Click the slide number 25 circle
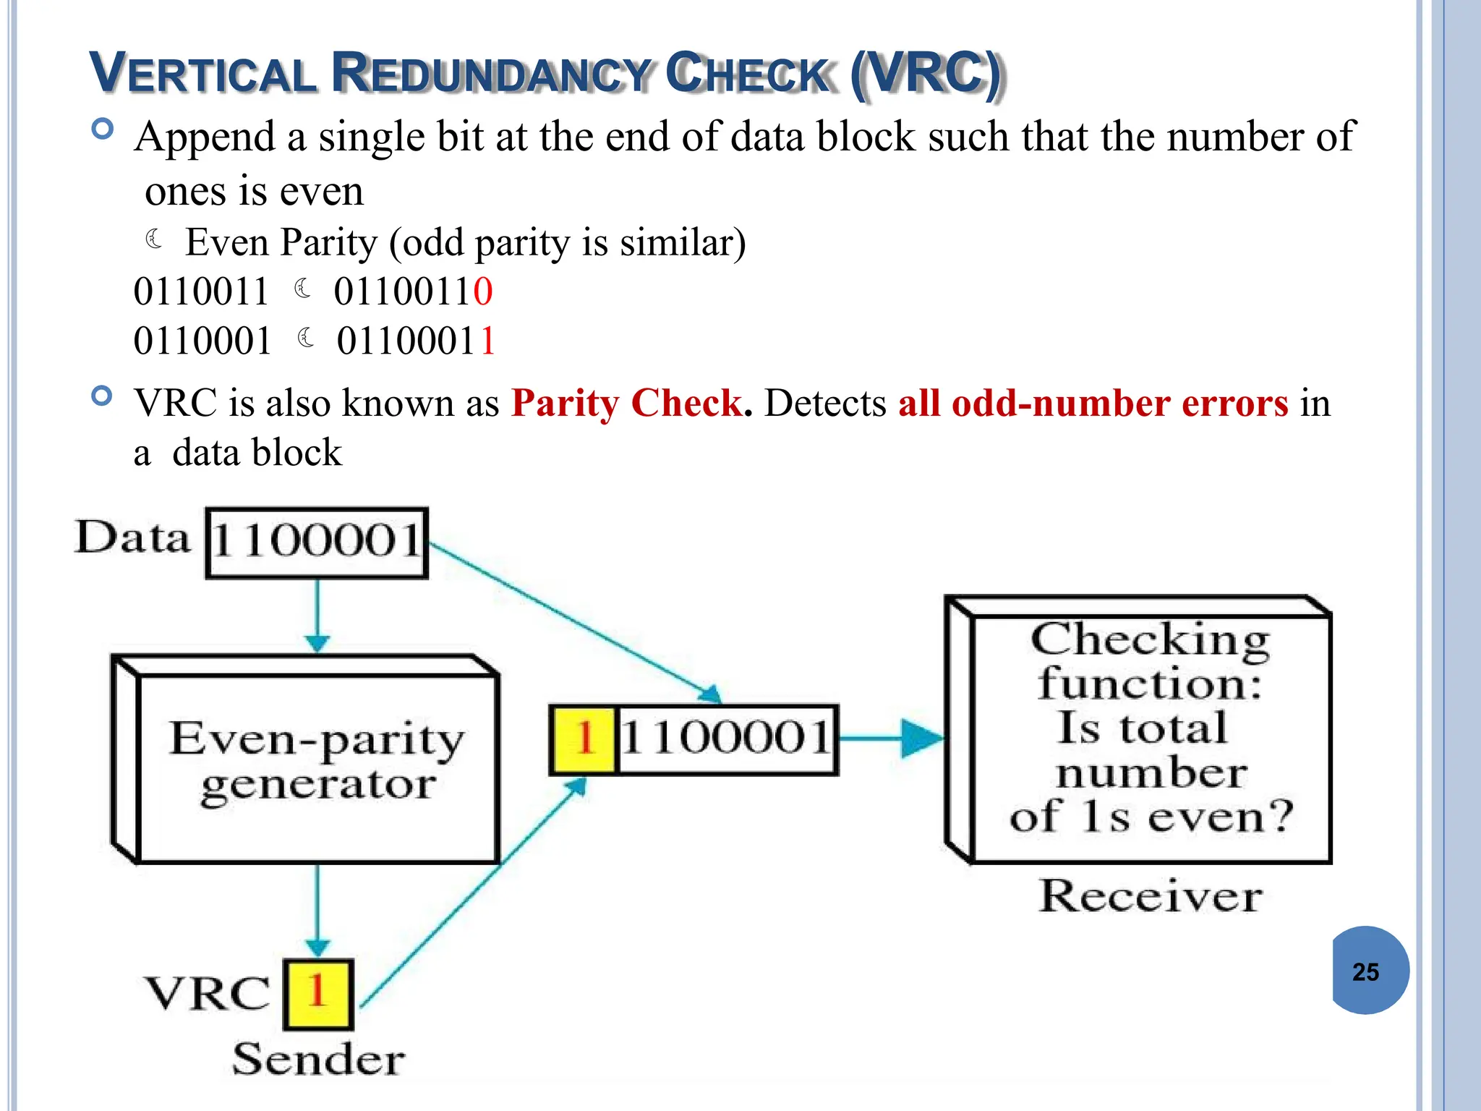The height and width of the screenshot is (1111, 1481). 1369,971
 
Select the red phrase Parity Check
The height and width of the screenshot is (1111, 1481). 626,403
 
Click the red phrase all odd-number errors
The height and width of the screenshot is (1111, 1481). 1093,403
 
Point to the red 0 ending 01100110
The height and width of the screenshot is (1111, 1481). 483,292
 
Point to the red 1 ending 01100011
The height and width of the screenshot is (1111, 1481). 487,341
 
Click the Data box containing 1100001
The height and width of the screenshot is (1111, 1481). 317,542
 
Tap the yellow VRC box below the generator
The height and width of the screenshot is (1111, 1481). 317,994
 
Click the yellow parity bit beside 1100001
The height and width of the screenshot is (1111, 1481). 584,739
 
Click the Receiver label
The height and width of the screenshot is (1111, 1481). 1150,897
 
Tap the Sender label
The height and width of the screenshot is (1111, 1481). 318,1060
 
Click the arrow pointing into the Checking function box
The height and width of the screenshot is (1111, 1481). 893,738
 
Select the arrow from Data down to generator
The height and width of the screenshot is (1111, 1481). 317,615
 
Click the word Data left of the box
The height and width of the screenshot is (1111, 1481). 133,538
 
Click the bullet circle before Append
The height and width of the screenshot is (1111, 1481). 103,129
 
